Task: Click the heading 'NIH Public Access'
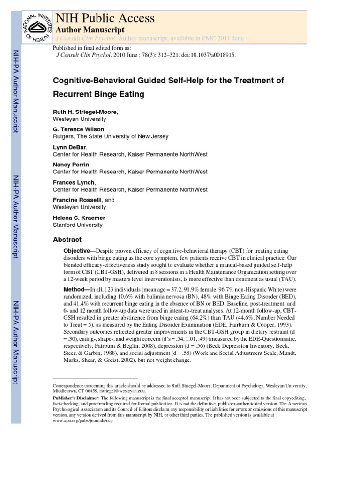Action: pyautogui.click(x=105, y=18)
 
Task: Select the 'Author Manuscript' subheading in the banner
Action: pyautogui.click(x=90, y=30)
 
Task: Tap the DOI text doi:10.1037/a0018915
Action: pyautogui.click(x=205, y=54)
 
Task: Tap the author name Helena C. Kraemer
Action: pyautogui.click(x=80, y=218)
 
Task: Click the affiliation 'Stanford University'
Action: pyautogui.click(x=77, y=225)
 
